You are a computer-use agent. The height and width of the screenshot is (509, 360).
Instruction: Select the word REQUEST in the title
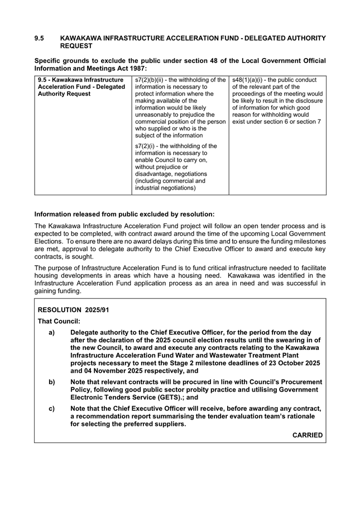point(76,46)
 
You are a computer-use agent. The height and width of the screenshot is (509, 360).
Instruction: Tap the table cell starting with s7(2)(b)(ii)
point(180,107)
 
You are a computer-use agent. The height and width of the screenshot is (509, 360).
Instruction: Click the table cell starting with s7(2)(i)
point(176,167)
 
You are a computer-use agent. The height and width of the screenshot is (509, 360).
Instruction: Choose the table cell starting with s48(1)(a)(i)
point(277,100)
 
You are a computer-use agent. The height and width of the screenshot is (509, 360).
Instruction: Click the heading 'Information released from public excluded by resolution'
point(124,214)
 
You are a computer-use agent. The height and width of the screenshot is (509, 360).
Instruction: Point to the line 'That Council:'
point(59,321)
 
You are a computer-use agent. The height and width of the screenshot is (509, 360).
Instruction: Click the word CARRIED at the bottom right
point(308,435)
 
